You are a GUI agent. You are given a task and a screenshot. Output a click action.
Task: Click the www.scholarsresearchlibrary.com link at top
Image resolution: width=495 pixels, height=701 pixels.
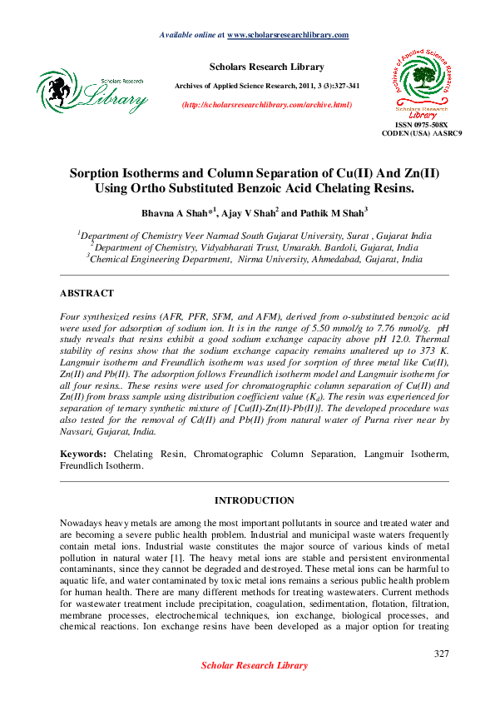[x=287, y=35]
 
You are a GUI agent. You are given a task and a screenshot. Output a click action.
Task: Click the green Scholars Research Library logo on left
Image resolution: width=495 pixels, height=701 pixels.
[x=92, y=91]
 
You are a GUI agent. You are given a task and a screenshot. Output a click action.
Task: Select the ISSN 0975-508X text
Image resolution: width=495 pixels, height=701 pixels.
[x=421, y=124]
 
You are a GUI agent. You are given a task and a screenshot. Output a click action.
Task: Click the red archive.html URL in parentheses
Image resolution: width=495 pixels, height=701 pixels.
[x=266, y=104]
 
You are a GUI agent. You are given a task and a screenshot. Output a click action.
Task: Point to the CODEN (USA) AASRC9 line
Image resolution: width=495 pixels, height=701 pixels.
[x=421, y=133]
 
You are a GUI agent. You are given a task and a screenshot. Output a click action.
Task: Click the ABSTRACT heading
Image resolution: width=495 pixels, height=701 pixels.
[x=87, y=294]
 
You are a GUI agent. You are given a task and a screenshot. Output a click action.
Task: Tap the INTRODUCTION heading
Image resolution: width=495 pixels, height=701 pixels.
[x=254, y=500]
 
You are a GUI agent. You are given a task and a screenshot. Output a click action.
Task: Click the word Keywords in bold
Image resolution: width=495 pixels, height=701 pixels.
[x=82, y=455]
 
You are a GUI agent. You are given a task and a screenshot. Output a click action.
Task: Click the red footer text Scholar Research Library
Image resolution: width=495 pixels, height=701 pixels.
[x=255, y=665]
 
